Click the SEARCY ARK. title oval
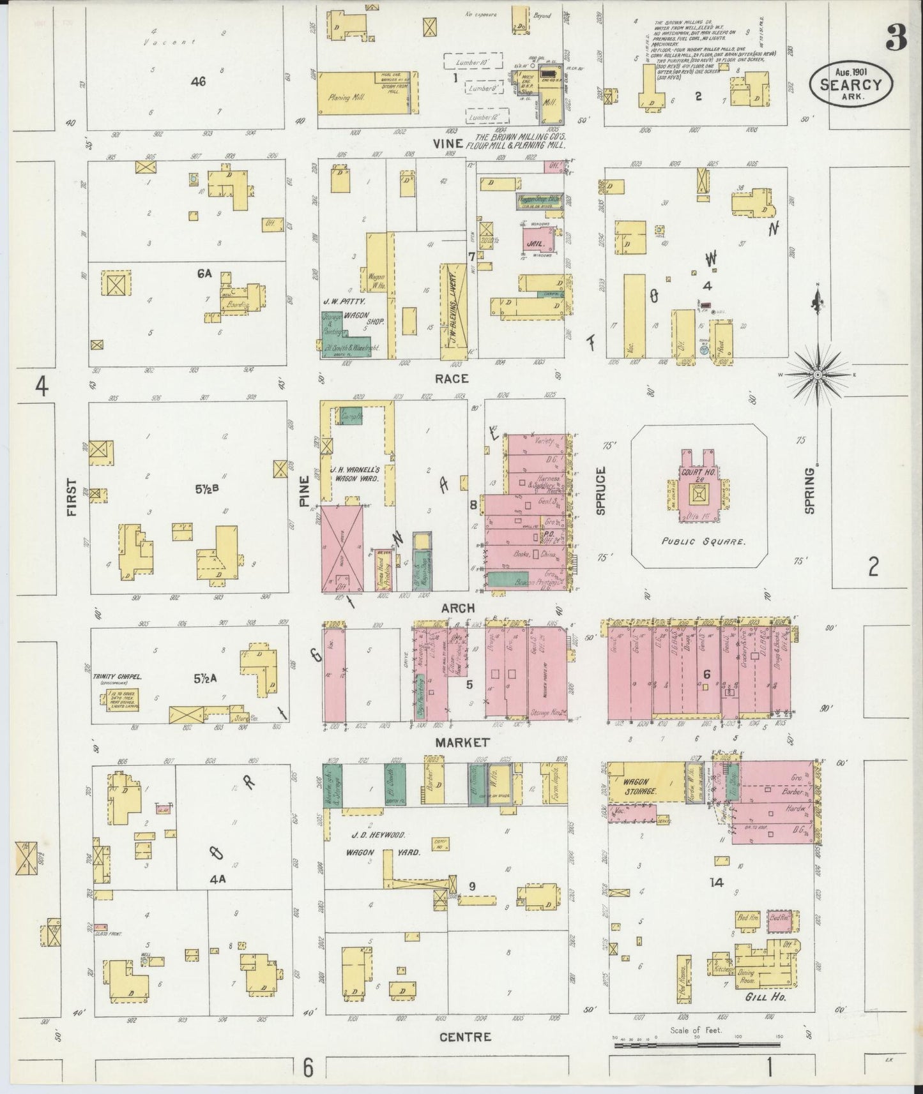pos(851,83)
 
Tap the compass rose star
pos(817,375)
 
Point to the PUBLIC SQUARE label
pos(696,541)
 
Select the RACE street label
pos(452,378)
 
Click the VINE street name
pos(447,144)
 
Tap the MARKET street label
pos(462,742)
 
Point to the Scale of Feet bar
pos(696,1045)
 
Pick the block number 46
pos(198,81)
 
